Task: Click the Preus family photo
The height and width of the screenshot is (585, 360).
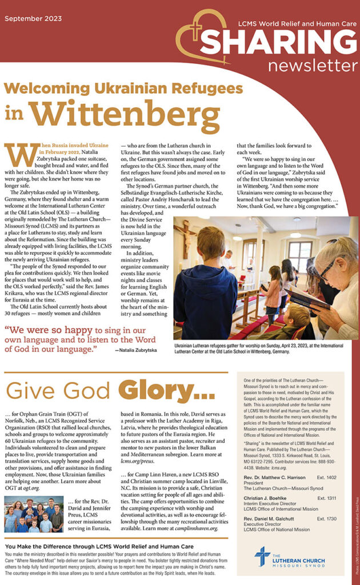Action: pos(33,514)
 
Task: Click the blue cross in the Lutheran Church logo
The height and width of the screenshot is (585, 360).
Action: pos(262,556)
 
